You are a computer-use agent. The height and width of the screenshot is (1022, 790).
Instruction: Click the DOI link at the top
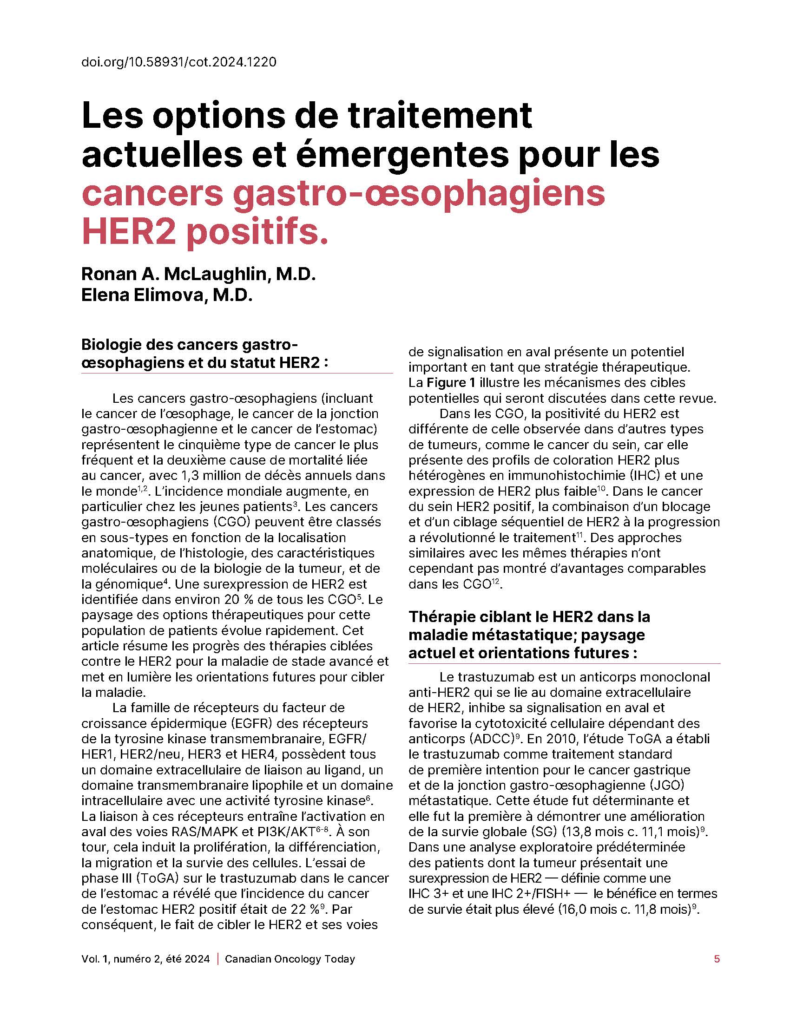click(179, 62)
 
